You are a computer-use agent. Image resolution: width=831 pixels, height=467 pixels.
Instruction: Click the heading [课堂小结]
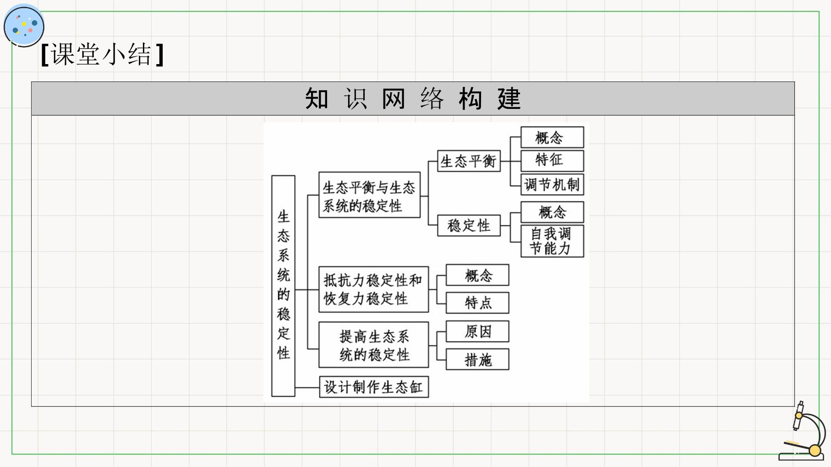pyautogui.click(x=102, y=54)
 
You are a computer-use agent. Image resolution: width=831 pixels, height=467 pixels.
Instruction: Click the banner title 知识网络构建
pyautogui.click(x=413, y=98)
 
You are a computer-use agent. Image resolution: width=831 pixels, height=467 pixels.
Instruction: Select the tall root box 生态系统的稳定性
pyautogui.click(x=283, y=286)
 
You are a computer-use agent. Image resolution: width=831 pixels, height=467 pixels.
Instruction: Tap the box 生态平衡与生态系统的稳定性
pyautogui.click(x=369, y=195)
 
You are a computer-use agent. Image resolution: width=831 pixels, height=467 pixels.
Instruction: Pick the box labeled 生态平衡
pyautogui.click(x=469, y=161)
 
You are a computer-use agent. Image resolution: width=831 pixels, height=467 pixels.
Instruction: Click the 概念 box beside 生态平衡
pyautogui.click(x=552, y=137)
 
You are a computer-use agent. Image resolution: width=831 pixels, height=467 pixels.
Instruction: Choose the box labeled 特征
pyautogui.click(x=552, y=161)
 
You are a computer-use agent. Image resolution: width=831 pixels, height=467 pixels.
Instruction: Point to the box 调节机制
pyautogui.click(x=552, y=185)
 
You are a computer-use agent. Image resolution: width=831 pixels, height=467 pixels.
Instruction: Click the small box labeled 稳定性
pyautogui.click(x=469, y=225)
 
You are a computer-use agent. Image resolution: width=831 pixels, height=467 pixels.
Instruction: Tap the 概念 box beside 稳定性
pyautogui.click(x=552, y=212)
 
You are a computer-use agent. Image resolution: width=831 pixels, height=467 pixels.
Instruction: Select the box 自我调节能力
pyautogui.click(x=552, y=241)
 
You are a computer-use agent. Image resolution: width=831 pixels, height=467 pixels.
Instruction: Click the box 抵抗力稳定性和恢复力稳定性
pyautogui.click(x=373, y=289)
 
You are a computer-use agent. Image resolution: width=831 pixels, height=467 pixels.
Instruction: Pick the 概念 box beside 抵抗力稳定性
pyautogui.click(x=477, y=275)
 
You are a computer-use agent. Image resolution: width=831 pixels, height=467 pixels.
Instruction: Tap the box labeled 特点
pyautogui.click(x=477, y=303)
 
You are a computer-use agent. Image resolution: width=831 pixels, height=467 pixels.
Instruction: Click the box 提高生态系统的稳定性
pyautogui.click(x=373, y=345)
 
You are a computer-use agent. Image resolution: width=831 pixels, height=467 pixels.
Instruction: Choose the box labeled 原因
pyautogui.click(x=477, y=331)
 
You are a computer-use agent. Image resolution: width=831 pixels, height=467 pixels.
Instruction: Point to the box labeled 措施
pyautogui.click(x=477, y=359)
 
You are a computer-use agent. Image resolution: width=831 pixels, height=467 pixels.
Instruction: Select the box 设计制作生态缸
pyautogui.click(x=374, y=387)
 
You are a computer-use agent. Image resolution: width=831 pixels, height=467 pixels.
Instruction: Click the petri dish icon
pyautogui.click(x=24, y=26)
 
